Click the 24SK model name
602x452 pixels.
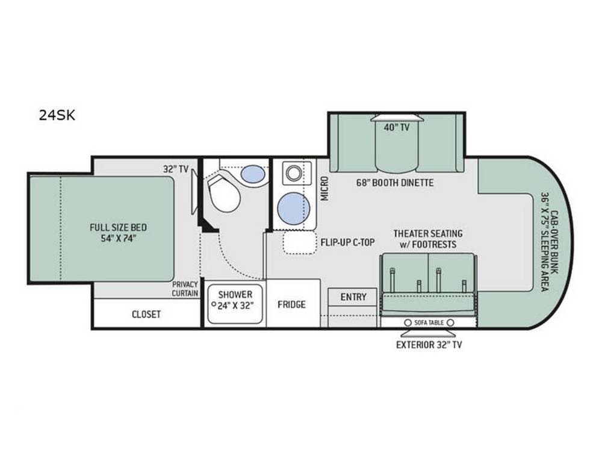tap(57, 116)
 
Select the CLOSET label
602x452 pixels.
tap(146, 314)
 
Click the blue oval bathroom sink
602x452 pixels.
tap(253, 174)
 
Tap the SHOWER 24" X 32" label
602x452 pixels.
tap(235, 300)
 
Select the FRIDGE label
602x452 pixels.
tap(291, 304)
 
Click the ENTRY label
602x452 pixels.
tap(353, 297)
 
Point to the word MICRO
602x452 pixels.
tap(324, 189)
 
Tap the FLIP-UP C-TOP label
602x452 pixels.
tap(348, 242)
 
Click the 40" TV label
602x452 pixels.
tap(396, 127)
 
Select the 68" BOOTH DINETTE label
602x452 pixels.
tap(396, 183)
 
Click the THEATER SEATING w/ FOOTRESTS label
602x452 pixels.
tap(428, 239)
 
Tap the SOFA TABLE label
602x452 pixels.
tap(428, 322)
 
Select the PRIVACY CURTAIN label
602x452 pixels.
tap(185, 289)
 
